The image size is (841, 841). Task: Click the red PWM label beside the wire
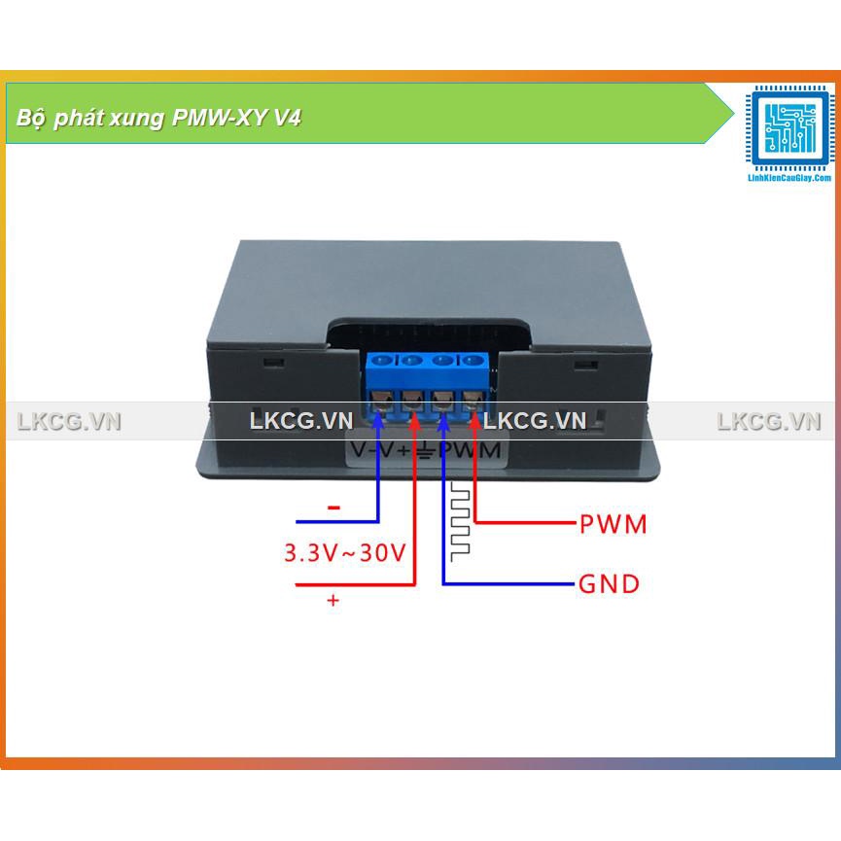[x=613, y=524]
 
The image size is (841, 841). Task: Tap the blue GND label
[x=609, y=584]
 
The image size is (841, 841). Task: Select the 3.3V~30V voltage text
[x=344, y=553]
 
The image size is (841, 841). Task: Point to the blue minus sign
[x=333, y=508]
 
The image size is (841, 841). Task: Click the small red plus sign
[x=333, y=602]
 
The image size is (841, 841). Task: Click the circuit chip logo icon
[x=789, y=129]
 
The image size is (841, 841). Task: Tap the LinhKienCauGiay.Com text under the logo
[x=789, y=179]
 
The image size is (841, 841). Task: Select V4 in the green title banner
[x=287, y=119]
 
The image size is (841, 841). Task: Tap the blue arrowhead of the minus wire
[x=378, y=420]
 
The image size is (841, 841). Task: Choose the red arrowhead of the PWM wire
[x=475, y=420]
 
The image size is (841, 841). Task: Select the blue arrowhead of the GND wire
[x=444, y=420]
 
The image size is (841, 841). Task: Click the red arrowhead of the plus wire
[x=413, y=420]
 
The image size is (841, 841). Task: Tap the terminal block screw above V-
[x=382, y=361]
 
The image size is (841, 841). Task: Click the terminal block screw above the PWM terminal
[x=473, y=361]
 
